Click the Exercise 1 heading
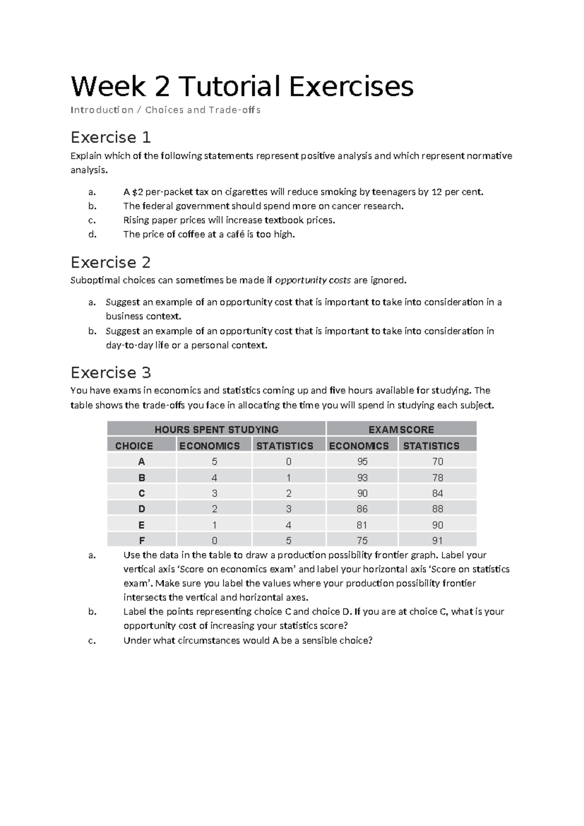click(110, 137)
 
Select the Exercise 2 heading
click(110, 263)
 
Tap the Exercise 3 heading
click(110, 373)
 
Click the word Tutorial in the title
click(230, 86)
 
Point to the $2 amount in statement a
click(138, 192)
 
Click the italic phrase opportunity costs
click(313, 281)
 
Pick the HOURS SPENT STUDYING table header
click(216, 430)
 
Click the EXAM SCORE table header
click(401, 430)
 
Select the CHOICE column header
click(134, 446)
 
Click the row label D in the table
click(142, 509)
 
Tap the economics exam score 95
click(362, 462)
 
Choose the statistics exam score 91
click(437, 541)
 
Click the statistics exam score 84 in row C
click(437, 493)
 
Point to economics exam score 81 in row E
click(362, 525)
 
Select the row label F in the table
click(142, 541)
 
